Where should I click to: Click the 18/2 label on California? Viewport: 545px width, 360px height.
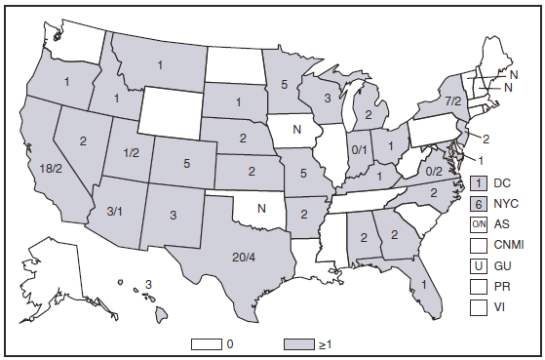click(51, 167)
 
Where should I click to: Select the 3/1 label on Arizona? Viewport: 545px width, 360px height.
click(115, 210)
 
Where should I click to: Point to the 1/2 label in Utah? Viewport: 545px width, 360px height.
click(130, 152)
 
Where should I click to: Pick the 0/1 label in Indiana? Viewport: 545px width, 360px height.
click(359, 150)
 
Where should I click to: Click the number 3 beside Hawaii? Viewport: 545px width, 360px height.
click(149, 284)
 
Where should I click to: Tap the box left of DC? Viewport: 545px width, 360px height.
click(479, 182)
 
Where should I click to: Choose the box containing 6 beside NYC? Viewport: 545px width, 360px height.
click(479, 203)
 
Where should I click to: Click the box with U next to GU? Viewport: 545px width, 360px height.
click(479, 264)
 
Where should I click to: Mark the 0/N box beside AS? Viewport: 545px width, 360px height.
click(479, 223)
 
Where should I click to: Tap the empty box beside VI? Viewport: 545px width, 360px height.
click(479, 305)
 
